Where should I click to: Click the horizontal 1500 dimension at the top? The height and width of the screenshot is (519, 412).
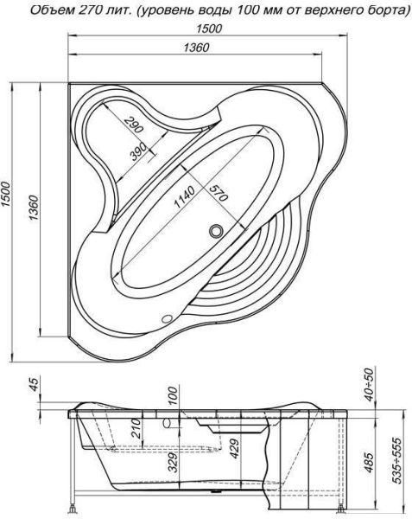pos(209,29)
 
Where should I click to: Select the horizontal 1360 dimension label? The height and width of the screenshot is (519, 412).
pos(196,48)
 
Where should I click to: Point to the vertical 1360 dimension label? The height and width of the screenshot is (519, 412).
pos(34,208)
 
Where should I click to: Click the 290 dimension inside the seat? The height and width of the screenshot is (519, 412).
pos(134,124)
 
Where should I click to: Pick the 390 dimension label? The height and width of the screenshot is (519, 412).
pos(138,151)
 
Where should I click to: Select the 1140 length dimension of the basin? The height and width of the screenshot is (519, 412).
pos(184,197)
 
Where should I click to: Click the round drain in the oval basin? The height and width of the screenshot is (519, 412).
pos(216,230)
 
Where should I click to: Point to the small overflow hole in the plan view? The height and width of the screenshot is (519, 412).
pos(167,318)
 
